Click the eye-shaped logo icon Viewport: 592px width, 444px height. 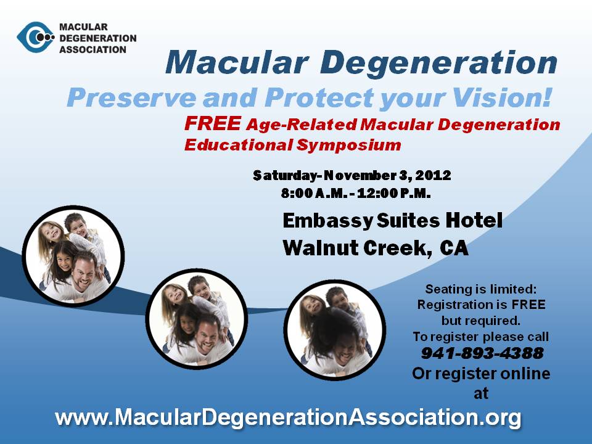point(36,37)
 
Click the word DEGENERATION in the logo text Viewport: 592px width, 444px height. point(98,38)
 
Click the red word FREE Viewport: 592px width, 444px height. point(213,123)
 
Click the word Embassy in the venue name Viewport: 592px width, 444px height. point(327,221)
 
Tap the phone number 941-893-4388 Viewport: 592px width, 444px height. point(482,353)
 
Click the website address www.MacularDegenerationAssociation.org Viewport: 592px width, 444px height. point(288,417)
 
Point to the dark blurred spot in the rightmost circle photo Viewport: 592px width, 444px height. point(332,329)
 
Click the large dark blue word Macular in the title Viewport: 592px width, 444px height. point(237,63)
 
